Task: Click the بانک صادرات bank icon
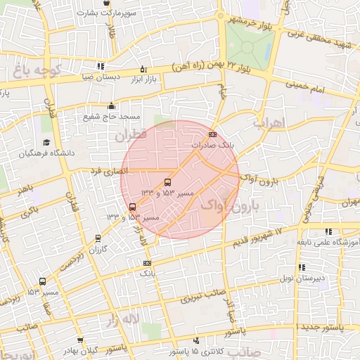(213, 134)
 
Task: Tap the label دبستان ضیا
(105, 77)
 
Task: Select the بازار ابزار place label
(143, 79)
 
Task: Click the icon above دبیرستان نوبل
(302, 267)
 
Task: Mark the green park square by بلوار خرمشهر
(249, 46)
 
